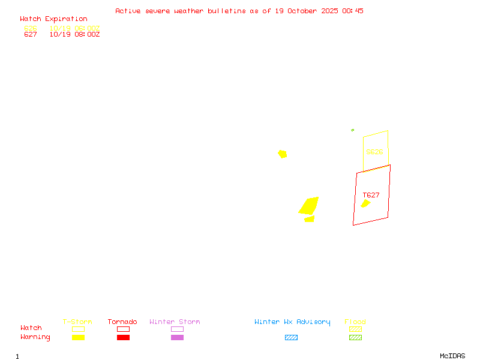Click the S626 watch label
374,152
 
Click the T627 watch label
371,195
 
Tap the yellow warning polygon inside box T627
365,203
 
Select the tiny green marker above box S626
352,130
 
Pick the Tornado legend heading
122,322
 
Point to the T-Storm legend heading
77,322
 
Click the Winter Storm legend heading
175,322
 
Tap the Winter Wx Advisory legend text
292,322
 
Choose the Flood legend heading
355,322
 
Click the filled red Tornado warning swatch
123,338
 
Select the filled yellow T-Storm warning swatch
78,338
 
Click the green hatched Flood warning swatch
355,338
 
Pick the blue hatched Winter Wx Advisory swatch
291,338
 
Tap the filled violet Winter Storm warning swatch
177,338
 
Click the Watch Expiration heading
53,19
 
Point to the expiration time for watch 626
74,28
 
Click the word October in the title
306,11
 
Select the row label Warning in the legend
35,337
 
